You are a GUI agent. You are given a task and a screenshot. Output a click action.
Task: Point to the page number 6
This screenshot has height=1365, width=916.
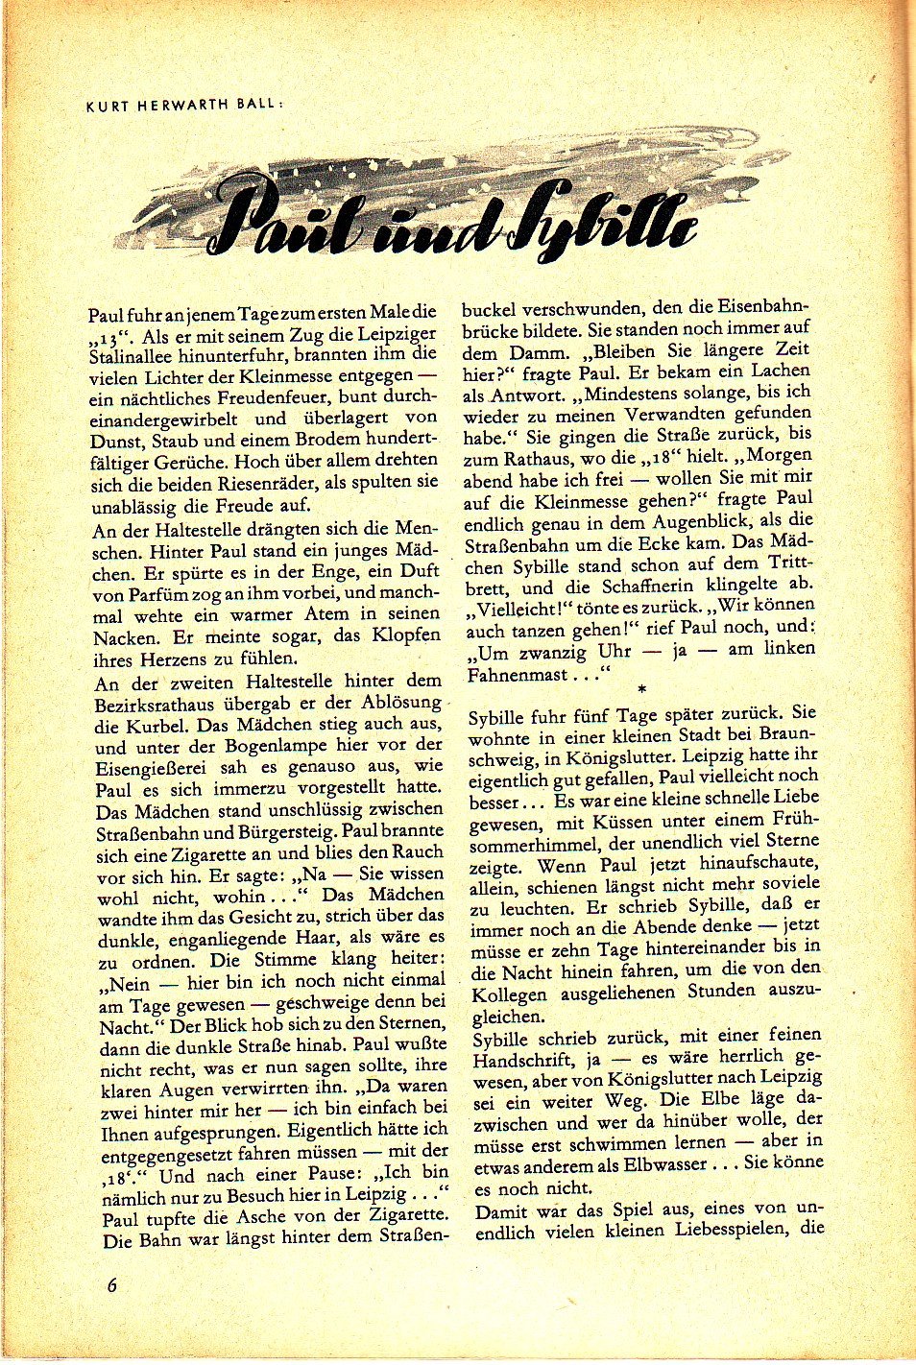[112, 1284]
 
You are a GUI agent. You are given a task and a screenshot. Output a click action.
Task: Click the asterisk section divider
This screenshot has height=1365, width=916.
[641, 689]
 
